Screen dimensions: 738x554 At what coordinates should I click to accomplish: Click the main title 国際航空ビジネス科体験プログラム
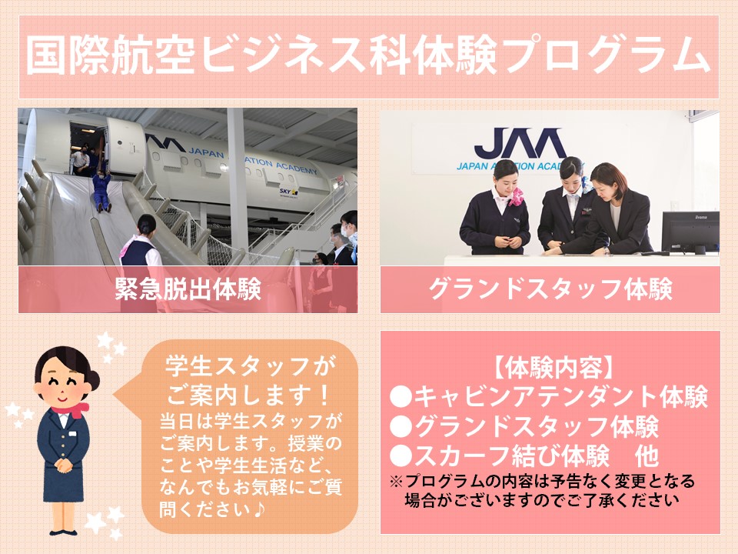368,55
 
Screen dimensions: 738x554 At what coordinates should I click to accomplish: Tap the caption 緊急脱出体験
188,289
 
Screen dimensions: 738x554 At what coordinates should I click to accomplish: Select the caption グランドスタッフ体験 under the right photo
550,289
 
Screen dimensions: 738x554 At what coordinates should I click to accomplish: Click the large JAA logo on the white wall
520,143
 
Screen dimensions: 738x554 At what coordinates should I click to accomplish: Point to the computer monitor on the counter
690,232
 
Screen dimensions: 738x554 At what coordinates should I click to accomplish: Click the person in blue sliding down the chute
101,190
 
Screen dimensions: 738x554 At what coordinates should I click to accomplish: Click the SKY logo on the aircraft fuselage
288,192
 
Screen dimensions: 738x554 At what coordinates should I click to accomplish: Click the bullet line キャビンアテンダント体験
549,397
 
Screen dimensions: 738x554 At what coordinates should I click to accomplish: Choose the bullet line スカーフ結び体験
500,456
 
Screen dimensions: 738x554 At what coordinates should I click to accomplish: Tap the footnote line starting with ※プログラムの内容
543,481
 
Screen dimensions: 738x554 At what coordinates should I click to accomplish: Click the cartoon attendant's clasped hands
64,465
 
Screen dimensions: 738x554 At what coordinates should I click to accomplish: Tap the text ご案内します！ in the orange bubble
249,395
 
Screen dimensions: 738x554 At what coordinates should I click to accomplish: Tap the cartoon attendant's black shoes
64,532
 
